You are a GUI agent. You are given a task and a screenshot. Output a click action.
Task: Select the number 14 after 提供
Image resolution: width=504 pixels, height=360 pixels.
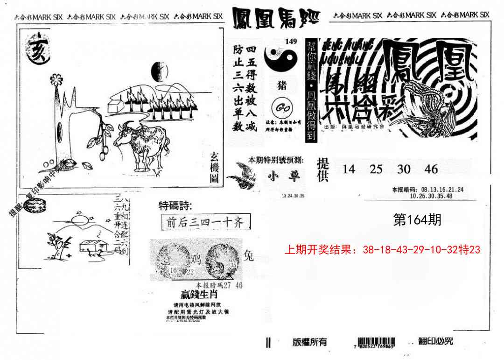[x=349, y=169]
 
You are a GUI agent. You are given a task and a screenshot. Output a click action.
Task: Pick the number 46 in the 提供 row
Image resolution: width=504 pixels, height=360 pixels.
[x=431, y=169]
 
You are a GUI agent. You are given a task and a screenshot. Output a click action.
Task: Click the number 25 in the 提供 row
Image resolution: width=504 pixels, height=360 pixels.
[x=376, y=169]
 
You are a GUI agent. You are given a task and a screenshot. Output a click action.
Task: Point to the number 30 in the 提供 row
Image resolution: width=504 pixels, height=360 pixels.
[x=404, y=169]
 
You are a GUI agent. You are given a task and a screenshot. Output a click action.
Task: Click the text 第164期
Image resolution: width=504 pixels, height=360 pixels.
[x=418, y=220]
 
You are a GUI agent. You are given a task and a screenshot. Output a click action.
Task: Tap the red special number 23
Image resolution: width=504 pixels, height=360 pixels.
[x=475, y=250]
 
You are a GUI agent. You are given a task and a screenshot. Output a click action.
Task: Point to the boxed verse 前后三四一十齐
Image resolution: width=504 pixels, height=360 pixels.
[x=205, y=222]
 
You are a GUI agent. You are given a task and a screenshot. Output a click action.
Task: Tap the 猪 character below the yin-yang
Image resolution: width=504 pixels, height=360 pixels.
[x=282, y=85]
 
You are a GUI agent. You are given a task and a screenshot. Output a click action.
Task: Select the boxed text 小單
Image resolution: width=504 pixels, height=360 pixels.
[x=285, y=176]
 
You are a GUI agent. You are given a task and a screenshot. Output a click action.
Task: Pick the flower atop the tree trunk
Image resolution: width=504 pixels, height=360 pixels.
[x=56, y=79]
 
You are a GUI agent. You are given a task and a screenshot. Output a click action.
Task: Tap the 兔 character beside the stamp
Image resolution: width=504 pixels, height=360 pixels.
[x=249, y=255]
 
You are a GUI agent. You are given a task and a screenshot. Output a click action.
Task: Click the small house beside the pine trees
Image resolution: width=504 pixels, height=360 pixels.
[x=117, y=103]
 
